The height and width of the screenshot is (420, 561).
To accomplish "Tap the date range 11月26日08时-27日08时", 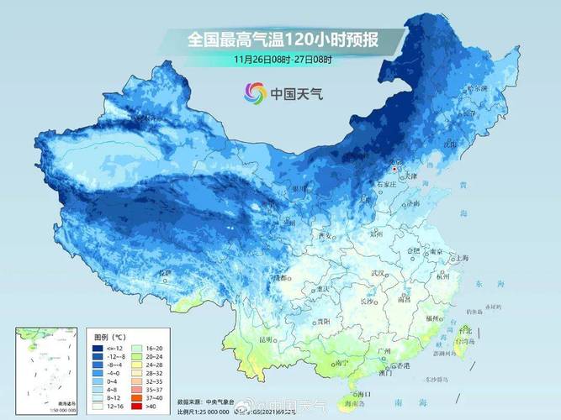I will click(x=283, y=60).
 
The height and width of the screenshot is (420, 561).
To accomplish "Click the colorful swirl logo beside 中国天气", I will click(x=255, y=93).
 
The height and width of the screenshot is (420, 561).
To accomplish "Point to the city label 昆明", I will click(x=267, y=339).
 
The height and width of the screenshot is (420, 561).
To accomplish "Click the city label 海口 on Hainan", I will click(x=363, y=393).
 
